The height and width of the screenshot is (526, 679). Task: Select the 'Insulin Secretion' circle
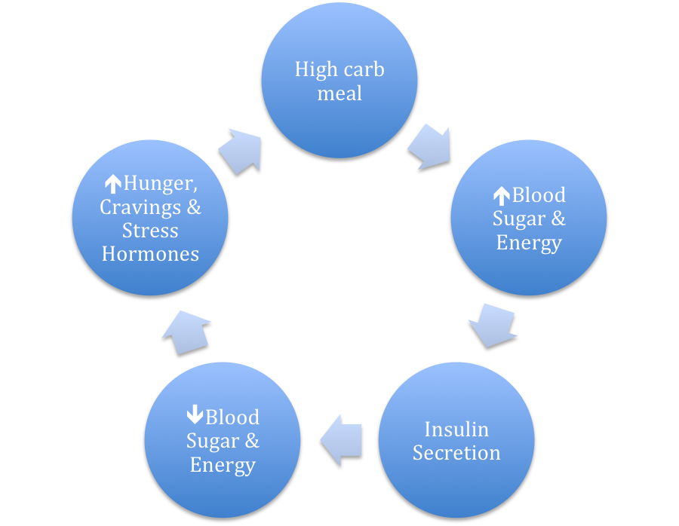pyautogui.click(x=456, y=440)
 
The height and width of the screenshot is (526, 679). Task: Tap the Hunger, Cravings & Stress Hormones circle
pyautogui.click(x=150, y=218)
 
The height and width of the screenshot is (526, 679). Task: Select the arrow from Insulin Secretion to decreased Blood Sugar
pyautogui.click(x=342, y=439)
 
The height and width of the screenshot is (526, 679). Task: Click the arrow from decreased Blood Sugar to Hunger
pyautogui.click(x=186, y=331)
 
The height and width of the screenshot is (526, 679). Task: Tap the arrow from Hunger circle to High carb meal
pyautogui.click(x=241, y=149)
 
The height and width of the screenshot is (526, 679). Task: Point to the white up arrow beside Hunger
pyautogui.click(x=112, y=183)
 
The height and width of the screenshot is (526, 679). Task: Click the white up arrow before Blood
pyautogui.click(x=501, y=196)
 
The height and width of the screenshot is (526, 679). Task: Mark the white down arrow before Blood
pyautogui.click(x=195, y=416)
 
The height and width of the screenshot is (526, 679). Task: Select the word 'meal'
pyautogui.click(x=339, y=93)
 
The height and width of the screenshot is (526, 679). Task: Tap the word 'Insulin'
pyautogui.click(x=456, y=430)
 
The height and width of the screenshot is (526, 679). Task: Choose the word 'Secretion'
pyautogui.click(x=456, y=453)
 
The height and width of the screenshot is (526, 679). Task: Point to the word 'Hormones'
pyautogui.click(x=150, y=254)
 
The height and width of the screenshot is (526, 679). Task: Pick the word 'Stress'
pyautogui.click(x=150, y=231)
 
